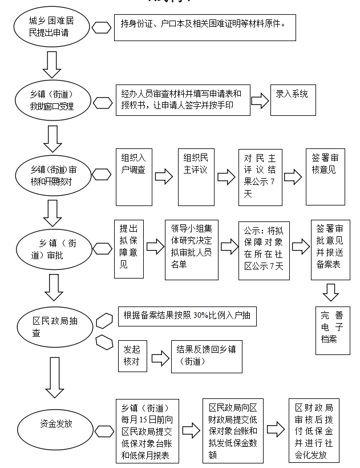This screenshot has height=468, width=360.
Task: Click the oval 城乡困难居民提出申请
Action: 52,27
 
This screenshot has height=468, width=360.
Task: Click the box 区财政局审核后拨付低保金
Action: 314,430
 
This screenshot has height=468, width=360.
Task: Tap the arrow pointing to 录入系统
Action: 260,101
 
